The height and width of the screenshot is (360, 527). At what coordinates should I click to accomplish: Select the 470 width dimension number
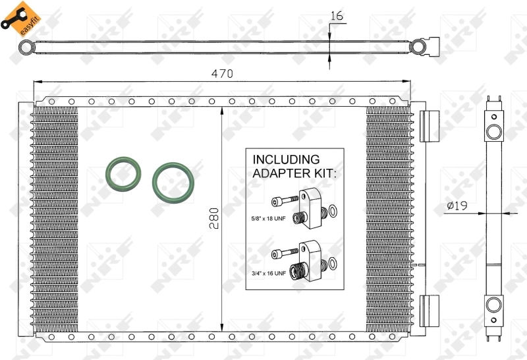click(x=222, y=74)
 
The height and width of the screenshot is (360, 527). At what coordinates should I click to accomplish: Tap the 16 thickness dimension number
click(x=337, y=16)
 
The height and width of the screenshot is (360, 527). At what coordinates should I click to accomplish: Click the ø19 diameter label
click(x=457, y=206)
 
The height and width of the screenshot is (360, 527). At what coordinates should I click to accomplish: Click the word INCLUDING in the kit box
click(x=287, y=160)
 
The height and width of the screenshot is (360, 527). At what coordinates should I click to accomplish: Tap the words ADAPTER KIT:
click(x=294, y=173)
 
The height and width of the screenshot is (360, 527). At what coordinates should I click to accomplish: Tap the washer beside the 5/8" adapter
click(x=333, y=212)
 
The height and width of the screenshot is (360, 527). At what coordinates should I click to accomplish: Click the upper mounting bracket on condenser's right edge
click(x=429, y=125)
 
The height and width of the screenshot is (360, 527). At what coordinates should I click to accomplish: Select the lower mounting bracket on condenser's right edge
click(x=429, y=310)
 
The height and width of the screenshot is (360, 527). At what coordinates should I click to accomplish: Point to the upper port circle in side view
click(x=493, y=132)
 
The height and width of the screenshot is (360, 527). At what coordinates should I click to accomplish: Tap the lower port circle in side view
click(x=493, y=305)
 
